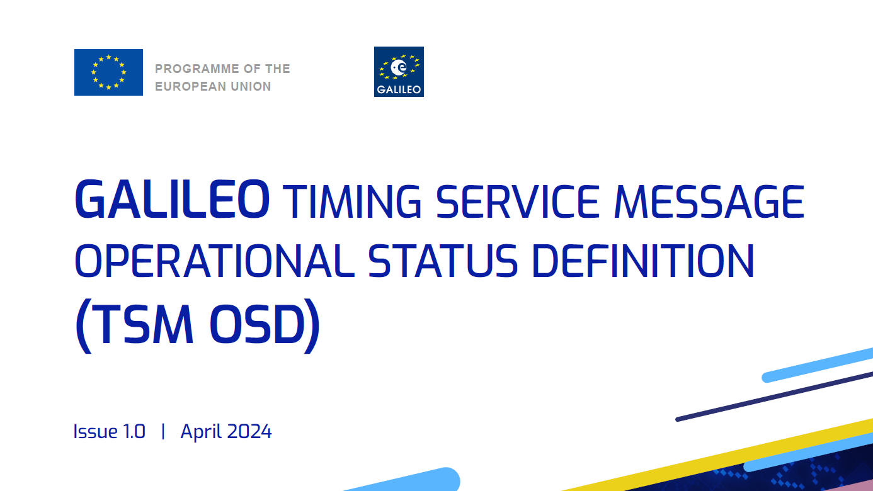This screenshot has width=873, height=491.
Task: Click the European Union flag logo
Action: [x=108, y=72]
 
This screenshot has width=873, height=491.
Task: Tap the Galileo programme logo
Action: [x=399, y=72]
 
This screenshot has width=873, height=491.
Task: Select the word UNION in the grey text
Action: [x=251, y=86]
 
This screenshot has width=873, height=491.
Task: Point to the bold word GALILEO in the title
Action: [x=172, y=199]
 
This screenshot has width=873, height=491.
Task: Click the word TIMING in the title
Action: [x=352, y=201]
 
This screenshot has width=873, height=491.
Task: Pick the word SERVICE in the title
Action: [x=517, y=201]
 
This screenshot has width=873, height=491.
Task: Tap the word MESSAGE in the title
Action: [x=709, y=201]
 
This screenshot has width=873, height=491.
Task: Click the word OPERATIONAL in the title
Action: [x=214, y=261]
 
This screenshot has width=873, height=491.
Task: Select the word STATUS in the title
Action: [x=443, y=261]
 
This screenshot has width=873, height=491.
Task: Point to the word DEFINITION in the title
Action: [x=644, y=261]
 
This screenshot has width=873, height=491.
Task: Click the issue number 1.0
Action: [x=134, y=431]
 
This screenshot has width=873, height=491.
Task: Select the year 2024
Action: [x=249, y=431]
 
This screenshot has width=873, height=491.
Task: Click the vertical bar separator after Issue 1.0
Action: [x=163, y=431]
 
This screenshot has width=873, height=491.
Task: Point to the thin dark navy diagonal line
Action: [x=774, y=397]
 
